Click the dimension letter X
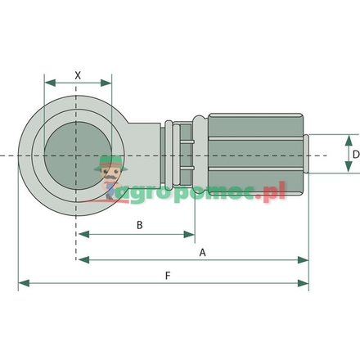coord(78,74)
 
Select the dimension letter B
coord(140,224)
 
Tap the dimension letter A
coord(202,253)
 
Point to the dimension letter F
coord(167,276)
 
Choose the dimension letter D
coord(355,154)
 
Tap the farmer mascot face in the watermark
coord(109,173)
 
